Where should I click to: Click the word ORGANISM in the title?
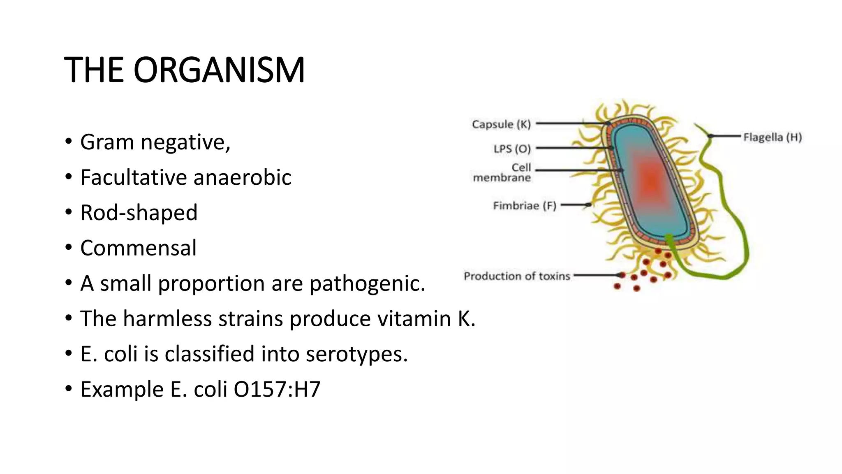219,70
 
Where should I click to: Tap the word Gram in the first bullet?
107,142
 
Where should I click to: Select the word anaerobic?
242,178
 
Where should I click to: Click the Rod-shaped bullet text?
139,213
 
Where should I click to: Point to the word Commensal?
139,248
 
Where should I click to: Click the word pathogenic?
367,284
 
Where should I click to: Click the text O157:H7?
277,389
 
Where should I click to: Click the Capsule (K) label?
501,124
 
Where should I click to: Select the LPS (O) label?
512,149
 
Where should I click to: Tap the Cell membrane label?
502,173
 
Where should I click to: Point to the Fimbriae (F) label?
525,205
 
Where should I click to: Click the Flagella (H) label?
772,137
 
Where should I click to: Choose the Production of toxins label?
517,276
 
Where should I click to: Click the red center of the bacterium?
651,181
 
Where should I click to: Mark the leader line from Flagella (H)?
726,136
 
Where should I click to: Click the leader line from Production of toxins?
596,275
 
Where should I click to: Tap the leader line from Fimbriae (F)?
575,205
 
